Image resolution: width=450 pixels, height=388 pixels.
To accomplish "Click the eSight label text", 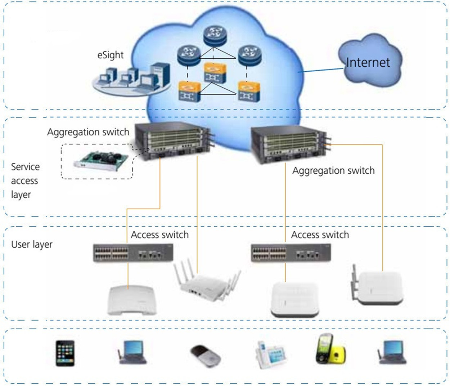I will point(110,55).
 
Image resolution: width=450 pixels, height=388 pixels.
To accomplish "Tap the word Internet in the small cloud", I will point(368,63).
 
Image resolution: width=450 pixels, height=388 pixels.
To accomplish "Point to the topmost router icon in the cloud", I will point(215,35).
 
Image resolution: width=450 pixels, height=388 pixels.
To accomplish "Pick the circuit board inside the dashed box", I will point(101,161).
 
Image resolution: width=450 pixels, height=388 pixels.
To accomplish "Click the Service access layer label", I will point(25,181).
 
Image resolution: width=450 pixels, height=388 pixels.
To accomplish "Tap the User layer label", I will point(32,245).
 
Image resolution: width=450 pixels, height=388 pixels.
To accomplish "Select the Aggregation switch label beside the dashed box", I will point(88,132).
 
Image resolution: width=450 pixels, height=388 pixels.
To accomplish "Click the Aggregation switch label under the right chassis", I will point(333,171).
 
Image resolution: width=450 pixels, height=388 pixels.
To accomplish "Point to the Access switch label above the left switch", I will point(159,235).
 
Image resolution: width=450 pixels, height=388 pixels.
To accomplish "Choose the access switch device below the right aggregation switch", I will point(291,253).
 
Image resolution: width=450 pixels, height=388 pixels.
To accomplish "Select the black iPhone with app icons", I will point(65,353).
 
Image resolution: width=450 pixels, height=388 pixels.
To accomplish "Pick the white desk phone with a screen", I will point(271,354).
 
